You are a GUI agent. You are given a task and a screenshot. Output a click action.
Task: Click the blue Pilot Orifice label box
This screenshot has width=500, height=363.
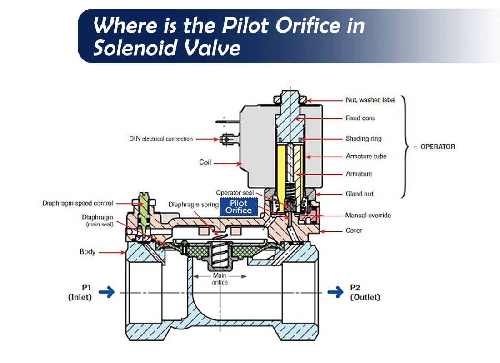coord(239,206)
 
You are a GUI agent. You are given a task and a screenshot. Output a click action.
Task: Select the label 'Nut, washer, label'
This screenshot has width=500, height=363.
coord(370,100)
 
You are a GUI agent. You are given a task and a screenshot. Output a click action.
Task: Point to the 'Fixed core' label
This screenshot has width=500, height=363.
coord(360,118)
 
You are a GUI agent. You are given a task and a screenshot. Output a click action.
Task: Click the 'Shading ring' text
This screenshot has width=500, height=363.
coord(363,139)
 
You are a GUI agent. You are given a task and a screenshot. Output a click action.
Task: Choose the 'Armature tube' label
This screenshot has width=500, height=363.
coord(366,156)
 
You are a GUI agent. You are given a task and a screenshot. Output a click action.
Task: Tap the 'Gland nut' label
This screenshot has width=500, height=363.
coord(360,194)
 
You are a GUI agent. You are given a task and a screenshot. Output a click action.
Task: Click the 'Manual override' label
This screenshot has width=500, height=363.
coord(368,216)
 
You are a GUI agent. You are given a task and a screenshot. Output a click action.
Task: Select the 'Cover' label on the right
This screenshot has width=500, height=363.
coord(354,231)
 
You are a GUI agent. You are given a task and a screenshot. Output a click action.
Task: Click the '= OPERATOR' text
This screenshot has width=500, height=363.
coord(434,147)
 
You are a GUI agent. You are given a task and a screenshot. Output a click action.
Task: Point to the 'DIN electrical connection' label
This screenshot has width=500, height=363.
coord(161,139)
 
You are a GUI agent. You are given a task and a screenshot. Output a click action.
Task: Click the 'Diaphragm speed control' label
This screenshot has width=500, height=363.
coord(78,203)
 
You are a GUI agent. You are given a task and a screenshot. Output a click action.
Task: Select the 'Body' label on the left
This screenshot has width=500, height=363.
coord(87,251)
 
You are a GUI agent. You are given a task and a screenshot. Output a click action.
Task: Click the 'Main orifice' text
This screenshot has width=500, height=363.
coord(220,279)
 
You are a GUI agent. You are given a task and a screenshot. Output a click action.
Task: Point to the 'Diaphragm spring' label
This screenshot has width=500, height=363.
coord(191,205)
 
